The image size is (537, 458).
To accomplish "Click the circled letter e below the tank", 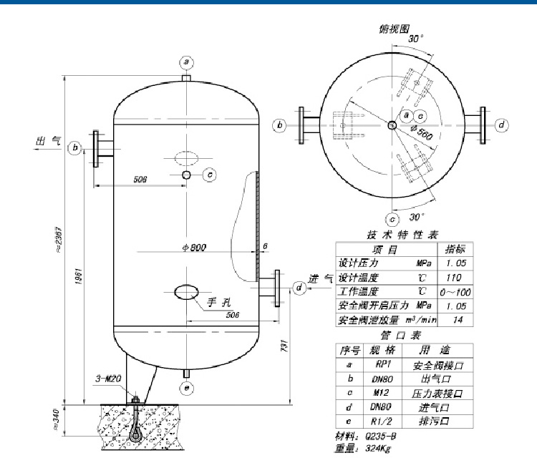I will [x=187, y=389].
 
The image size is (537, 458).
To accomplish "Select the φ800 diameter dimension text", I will [x=194, y=248].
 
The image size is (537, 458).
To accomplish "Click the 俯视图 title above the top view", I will [x=395, y=29].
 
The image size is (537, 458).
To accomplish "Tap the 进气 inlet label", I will [x=321, y=278].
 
